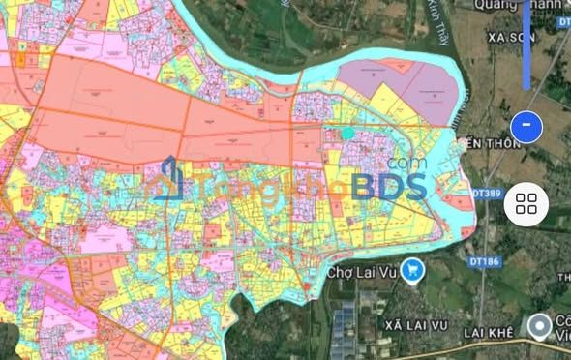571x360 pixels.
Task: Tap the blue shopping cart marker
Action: tap(414, 271)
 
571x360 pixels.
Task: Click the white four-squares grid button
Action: tap(527, 203)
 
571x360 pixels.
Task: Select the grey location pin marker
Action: tap(540, 326)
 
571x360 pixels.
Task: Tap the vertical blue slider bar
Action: tap(526, 44)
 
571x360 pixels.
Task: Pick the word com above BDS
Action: tap(406, 165)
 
